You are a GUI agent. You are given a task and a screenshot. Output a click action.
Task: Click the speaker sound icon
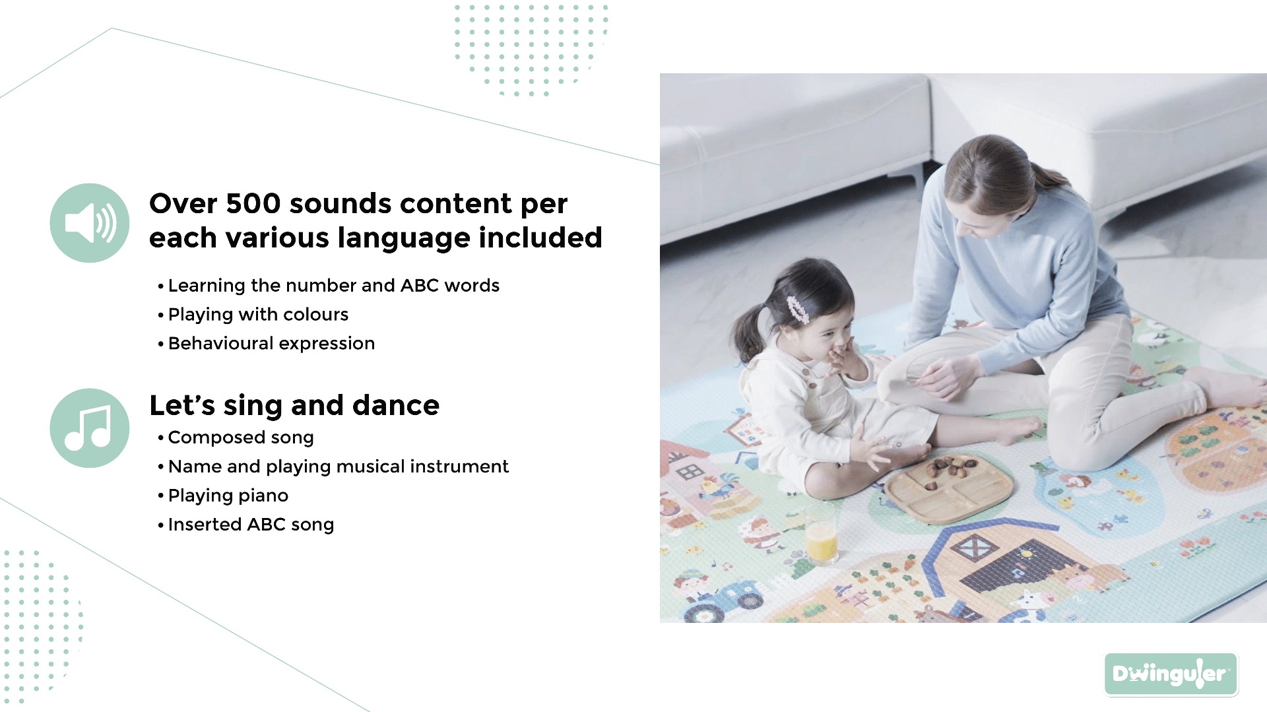(90, 223)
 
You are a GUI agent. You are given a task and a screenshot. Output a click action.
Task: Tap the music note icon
(90, 428)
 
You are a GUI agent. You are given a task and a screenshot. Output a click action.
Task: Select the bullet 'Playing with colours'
(258, 315)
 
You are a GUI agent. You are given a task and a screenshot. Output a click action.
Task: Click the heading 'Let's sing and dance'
(294, 405)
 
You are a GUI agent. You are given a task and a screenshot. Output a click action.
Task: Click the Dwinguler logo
(1171, 674)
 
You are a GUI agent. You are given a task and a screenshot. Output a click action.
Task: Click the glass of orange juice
(821, 534)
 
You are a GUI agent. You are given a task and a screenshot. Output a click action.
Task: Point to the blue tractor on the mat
(723, 599)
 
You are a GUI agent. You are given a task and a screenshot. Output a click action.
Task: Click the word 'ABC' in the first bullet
(420, 286)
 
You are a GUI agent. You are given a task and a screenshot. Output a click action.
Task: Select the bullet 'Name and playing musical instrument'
(339, 467)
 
